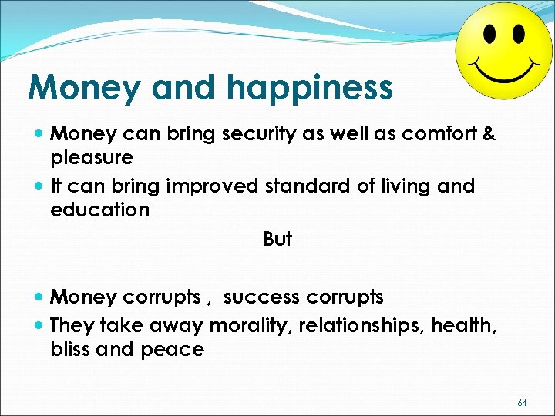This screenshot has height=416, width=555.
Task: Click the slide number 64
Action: point(522,402)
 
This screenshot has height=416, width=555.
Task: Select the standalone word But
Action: point(277,240)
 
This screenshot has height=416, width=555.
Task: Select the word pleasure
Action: point(92,158)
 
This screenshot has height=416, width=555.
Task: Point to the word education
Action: point(99,210)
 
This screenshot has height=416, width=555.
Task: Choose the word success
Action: point(261,297)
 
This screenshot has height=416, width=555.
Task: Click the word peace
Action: point(172,350)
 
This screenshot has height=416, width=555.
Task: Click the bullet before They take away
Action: point(39,326)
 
